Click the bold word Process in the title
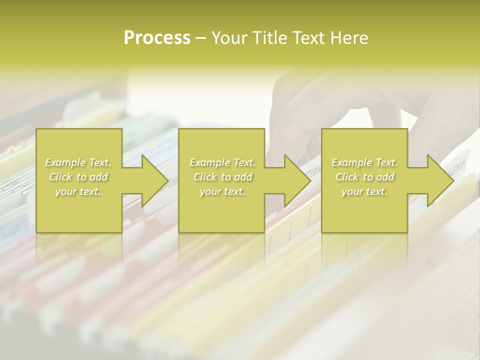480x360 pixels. tap(157, 38)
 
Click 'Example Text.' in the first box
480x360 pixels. tap(78, 162)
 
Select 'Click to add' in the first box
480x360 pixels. tap(78, 177)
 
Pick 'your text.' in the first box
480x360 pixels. tap(78, 191)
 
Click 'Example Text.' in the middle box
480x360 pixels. tap(222, 162)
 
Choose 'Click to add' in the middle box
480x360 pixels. tap(222, 177)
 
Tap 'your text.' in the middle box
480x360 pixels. tap(222, 191)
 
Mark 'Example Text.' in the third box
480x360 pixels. tap(364, 162)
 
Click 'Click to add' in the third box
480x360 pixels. tap(364, 177)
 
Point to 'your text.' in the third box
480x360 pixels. tap(364, 191)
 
